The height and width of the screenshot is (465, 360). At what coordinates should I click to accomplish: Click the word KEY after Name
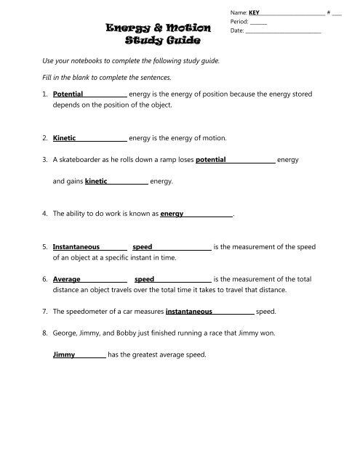coord(255,12)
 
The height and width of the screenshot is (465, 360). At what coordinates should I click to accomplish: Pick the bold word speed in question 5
coord(143,247)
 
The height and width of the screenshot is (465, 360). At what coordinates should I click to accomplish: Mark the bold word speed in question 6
coord(145,278)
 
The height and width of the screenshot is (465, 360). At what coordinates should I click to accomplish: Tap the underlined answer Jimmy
coord(65,355)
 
